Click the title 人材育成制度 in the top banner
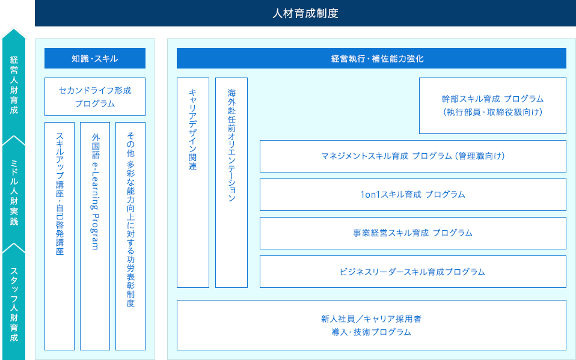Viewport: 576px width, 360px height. click(305, 14)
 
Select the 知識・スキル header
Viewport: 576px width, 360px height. click(95, 58)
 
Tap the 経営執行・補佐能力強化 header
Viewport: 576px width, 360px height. click(372, 58)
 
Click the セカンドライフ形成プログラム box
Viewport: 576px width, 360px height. click(95, 97)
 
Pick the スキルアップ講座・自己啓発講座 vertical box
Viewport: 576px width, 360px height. click(60, 236)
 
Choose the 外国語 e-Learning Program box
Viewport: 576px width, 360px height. click(95, 236)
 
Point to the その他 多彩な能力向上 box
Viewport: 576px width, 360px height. click(130, 236)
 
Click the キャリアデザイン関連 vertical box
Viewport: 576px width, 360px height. click(193, 183)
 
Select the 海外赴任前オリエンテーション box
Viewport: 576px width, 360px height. click(231, 183)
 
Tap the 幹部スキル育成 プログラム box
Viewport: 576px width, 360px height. click(492, 106)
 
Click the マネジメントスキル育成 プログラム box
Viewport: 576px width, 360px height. click(413, 156)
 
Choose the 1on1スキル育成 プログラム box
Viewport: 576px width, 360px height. click(413, 195)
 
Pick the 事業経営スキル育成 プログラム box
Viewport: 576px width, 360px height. click(413, 233)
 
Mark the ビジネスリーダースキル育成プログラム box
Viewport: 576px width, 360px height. click(413, 272)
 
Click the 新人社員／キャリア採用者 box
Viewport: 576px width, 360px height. click(372, 325)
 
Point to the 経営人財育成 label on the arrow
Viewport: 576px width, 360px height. click(14, 85)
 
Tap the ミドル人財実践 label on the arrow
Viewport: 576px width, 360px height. click(14, 192)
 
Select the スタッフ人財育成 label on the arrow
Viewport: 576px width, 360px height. click(14, 304)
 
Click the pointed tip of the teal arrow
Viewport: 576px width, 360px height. click(14, 29)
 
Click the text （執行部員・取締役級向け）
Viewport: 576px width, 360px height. click(492, 112)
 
